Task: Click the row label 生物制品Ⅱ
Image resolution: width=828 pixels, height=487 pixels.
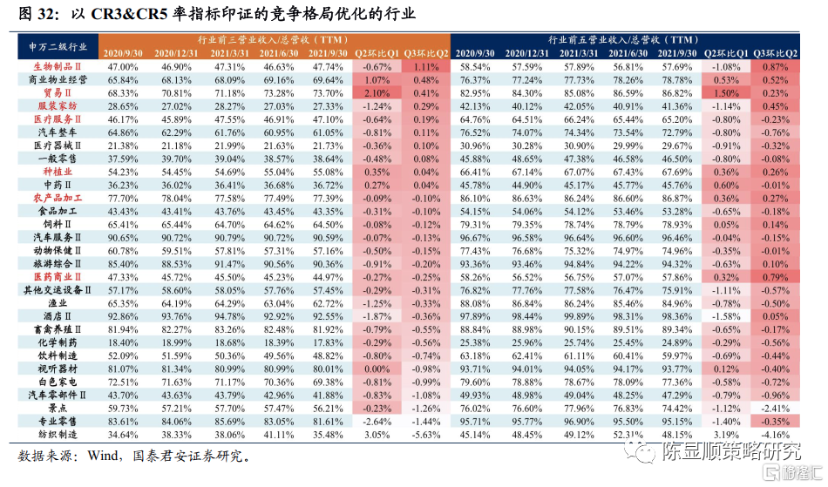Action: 58,67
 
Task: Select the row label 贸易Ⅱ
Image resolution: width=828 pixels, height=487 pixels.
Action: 58,93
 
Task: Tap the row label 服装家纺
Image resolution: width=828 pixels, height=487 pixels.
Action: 58,106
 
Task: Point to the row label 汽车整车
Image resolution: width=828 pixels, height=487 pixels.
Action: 58,132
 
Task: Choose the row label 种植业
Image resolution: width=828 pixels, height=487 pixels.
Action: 58,172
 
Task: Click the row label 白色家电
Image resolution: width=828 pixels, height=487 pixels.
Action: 58,382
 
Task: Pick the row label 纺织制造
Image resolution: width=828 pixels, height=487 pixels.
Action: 58,435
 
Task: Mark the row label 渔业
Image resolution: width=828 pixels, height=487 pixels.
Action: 58,303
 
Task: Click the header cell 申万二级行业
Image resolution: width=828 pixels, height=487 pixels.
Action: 58,46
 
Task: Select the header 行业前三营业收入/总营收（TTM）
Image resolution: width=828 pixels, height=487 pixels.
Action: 275,40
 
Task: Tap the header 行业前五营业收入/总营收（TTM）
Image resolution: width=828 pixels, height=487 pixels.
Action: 625,40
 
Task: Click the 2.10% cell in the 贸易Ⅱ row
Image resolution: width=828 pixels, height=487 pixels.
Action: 377,93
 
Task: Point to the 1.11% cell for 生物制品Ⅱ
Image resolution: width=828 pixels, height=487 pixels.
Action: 426,67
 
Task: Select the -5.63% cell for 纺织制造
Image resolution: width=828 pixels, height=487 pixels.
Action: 426,435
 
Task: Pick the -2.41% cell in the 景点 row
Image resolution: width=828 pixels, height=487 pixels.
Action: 776,409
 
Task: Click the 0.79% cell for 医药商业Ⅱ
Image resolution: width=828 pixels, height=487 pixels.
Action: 776,277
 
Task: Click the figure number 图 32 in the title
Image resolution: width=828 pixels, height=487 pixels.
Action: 35,15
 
